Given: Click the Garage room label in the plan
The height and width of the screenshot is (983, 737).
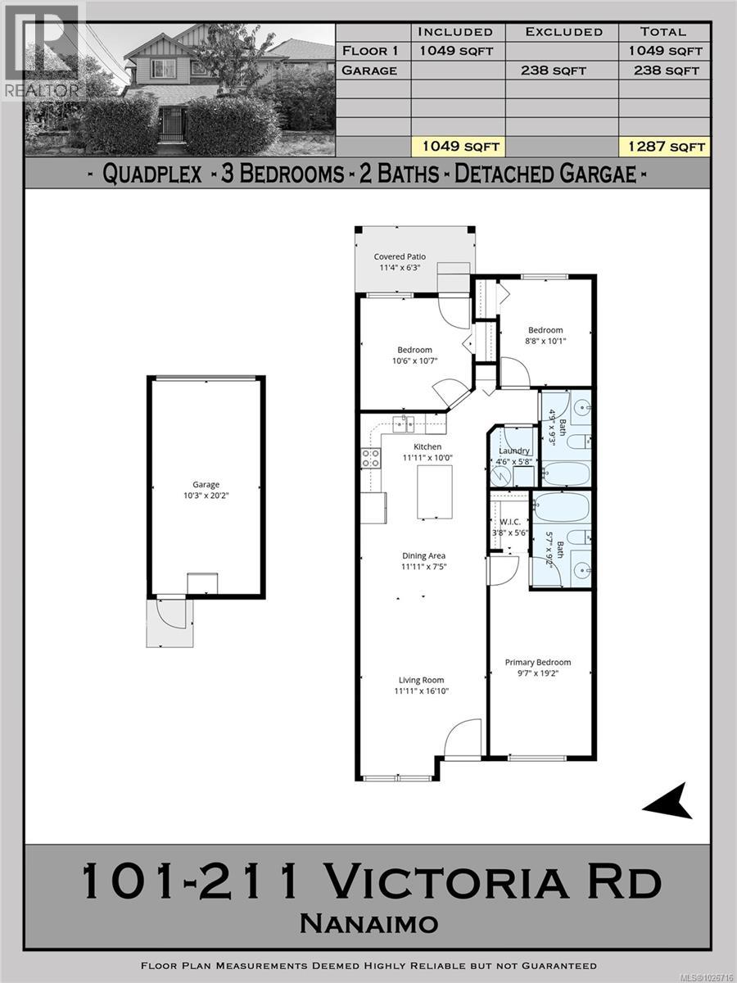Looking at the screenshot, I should pos(206,485).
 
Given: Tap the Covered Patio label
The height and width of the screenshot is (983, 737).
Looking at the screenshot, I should pos(400,256).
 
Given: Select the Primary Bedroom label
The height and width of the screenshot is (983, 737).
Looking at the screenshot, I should pos(537,663).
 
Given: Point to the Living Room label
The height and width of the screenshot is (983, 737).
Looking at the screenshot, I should pos(421,680).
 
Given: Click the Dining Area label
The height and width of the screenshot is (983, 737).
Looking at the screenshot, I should pos(423,556).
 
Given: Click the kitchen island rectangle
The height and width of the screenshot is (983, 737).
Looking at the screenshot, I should pos(434,491).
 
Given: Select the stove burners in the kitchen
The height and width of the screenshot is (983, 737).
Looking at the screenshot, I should pos(371,458).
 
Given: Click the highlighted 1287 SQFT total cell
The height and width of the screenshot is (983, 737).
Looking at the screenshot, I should pos(662,147).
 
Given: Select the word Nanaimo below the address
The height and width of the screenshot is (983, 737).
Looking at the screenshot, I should pos(368,924).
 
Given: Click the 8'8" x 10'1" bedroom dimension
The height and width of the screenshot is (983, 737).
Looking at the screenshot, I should pos(545,342).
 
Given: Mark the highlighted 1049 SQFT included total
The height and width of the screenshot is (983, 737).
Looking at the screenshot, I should pos(456,147).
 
